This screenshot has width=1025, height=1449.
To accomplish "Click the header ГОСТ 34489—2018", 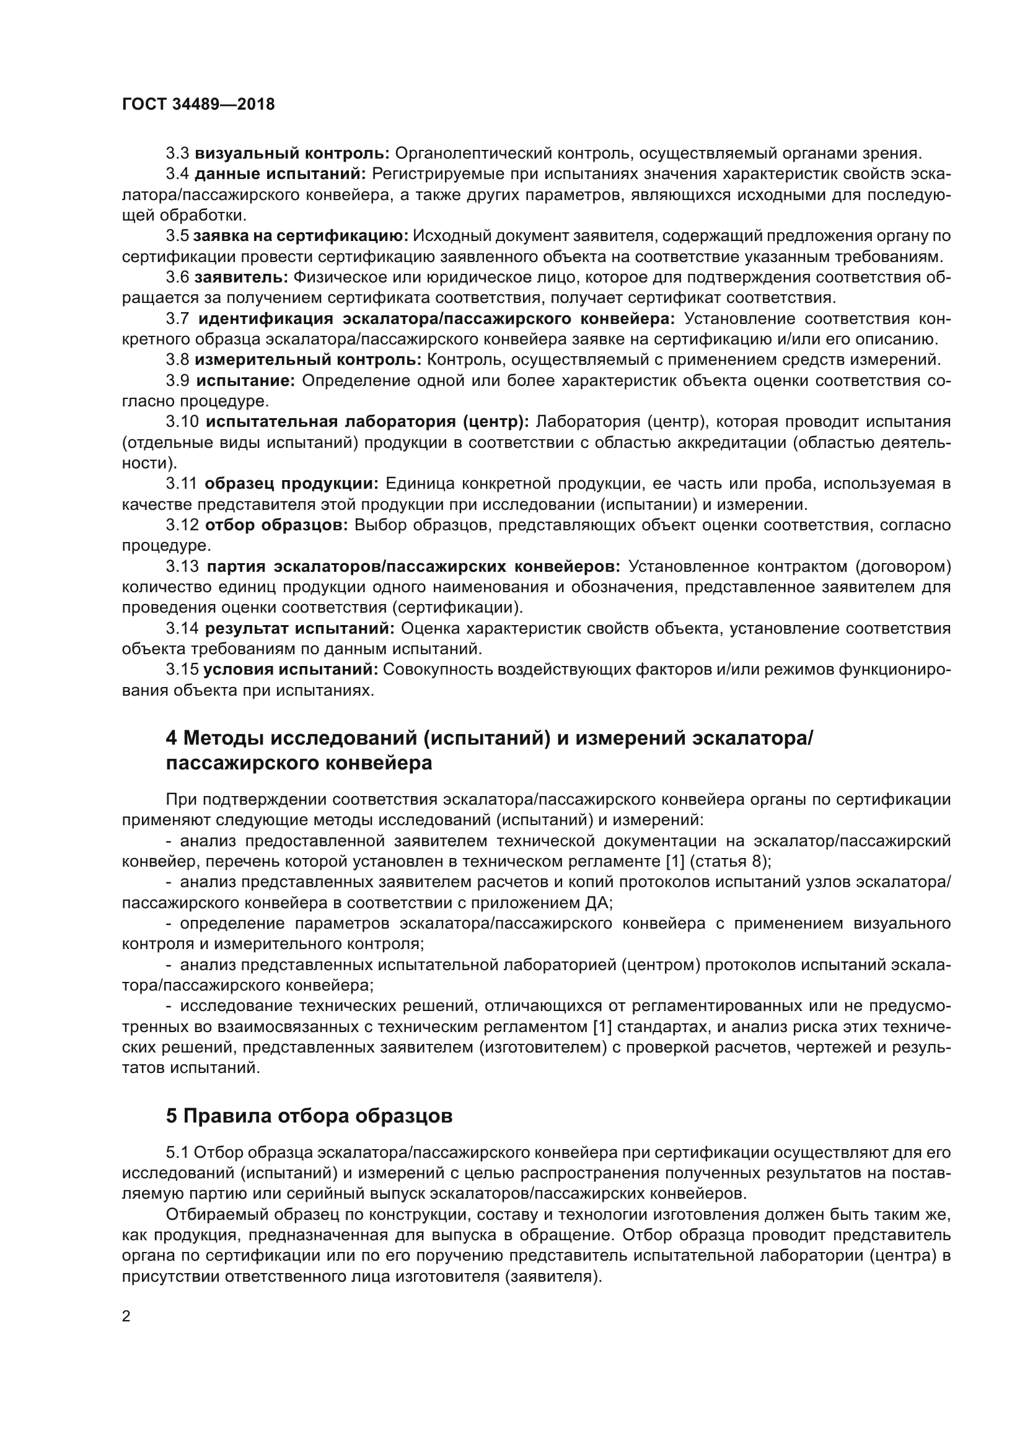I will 198,105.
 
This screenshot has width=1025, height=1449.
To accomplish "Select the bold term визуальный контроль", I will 293,154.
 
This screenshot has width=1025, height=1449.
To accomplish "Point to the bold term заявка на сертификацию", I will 301,236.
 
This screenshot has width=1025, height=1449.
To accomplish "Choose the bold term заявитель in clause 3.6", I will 242,278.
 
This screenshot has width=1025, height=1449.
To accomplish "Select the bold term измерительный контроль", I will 308,361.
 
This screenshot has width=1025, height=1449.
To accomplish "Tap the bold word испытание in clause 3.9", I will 245,381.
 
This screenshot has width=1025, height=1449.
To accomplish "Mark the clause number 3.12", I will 182,526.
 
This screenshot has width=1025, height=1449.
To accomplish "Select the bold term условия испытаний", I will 290,670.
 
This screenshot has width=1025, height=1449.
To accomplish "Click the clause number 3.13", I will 182,567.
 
